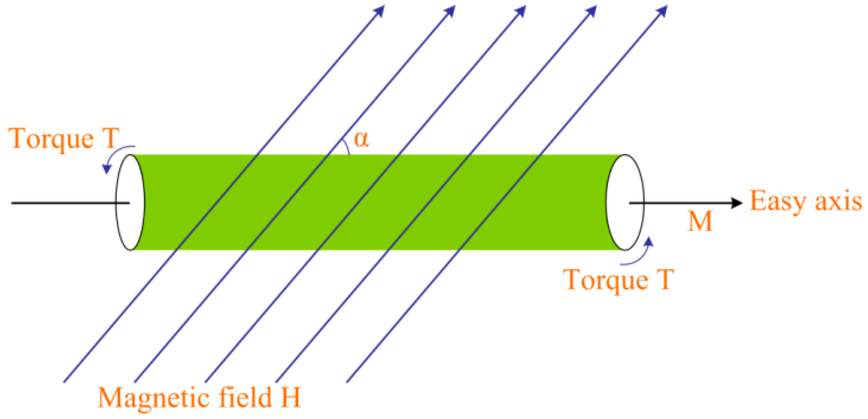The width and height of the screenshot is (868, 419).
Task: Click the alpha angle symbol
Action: pyautogui.click(x=361, y=140)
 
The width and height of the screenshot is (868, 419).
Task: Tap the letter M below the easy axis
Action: pyautogui.click(x=700, y=222)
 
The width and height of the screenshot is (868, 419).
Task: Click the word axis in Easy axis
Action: pyautogui.click(x=838, y=202)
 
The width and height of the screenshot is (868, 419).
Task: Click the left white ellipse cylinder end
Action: pyautogui.click(x=130, y=202)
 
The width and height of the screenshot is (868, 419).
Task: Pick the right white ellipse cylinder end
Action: pyautogui.click(x=625, y=202)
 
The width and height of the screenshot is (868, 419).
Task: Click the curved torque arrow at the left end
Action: pyautogui.click(x=115, y=156)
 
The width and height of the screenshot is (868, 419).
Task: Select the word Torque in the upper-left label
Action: pyautogui.click(x=51, y=139)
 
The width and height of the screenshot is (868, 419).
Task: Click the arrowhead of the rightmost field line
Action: pyautogui.click(x=662, y=11)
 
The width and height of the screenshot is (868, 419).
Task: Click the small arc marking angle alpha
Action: pyautogui.click(x=346, y=146)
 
